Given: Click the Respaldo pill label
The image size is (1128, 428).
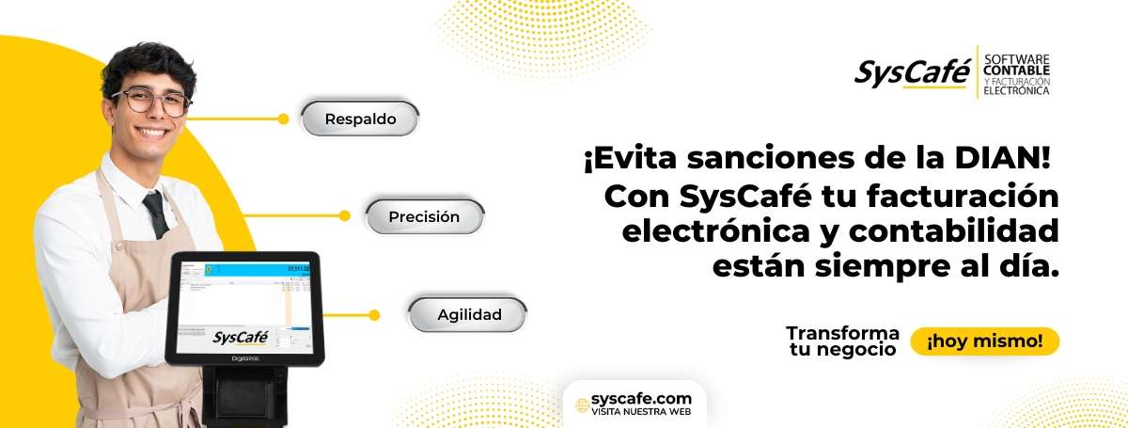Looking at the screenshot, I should click(360, 119).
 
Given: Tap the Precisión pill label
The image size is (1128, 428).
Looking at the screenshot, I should click(425, 216).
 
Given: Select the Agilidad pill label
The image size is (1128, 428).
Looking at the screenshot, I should click(469, 314).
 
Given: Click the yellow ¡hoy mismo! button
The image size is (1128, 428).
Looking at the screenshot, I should click(984, 341).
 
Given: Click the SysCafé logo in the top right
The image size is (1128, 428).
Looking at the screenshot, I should click(911, 72).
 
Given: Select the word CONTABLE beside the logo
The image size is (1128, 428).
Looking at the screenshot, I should click(1016, 71).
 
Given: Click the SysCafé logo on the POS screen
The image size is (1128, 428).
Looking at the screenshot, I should click(241, 337).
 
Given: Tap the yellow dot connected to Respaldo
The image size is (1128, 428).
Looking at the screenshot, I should click(284, 119).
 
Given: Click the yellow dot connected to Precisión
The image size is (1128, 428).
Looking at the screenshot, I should click(345, 216).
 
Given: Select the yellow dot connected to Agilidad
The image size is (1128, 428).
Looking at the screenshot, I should click(374, 314).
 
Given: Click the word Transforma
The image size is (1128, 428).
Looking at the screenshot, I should click(842, 333).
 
